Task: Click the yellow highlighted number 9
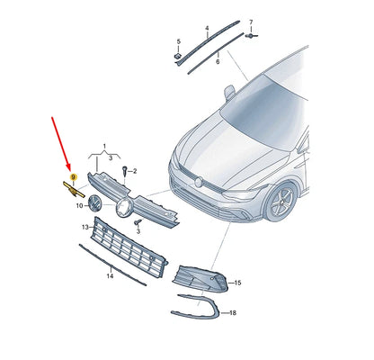pos(74,178)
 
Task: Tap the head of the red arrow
pos(72,170)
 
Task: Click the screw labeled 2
pos(125,171)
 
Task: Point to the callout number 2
pos(135,171)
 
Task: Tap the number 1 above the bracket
pos(104,146)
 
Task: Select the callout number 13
pos(85,229)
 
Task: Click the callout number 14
pos(109,277)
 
